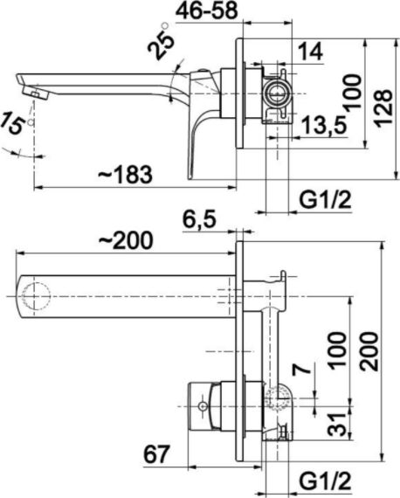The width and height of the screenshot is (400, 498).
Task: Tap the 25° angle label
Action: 161,42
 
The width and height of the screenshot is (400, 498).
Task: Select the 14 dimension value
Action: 311,52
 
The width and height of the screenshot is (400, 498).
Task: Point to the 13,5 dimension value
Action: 323,125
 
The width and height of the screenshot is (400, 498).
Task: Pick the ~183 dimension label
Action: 125,175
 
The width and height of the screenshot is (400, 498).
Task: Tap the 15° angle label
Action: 16,123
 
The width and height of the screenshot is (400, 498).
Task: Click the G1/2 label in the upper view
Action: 326,200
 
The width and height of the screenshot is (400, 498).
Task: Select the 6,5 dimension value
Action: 199,219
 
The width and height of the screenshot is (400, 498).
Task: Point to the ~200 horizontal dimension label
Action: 126,240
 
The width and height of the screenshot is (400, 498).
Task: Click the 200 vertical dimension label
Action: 369,351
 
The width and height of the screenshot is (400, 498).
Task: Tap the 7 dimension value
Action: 301,370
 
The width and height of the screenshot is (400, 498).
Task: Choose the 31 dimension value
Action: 337,425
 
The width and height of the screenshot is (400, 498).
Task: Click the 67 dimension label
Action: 156,454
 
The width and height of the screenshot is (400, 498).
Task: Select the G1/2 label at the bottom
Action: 326,481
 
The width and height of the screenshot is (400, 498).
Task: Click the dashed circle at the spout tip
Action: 36,296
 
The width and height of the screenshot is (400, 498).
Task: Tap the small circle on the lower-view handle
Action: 203,406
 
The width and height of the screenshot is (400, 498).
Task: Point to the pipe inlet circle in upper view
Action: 278,93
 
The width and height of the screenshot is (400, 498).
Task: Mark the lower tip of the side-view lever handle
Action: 189,178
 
